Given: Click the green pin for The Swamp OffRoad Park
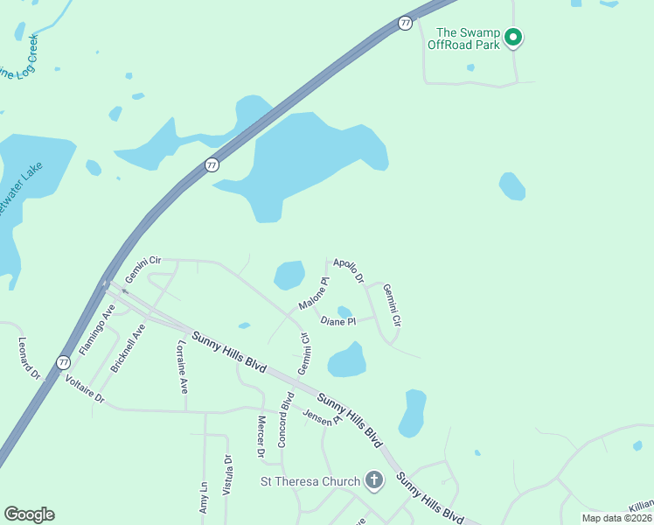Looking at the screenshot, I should tap(514, 38).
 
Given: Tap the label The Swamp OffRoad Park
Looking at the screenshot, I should tap(463, 38).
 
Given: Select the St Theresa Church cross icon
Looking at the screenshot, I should tap(374, 480).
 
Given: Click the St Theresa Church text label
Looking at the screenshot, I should tap(310, 481).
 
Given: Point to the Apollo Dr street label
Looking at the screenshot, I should tap(347, 269).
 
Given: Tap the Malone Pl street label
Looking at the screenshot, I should tap(314, 293).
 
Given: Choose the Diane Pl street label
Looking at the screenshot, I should tap(338, 322).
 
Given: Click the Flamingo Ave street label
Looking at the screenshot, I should tap(96, 328).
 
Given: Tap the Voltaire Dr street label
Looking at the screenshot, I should tap(85, 389).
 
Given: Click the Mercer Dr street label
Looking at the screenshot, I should tap(261, 437).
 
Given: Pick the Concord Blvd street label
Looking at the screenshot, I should tap(285, 420).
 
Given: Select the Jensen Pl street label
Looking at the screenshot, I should tap(318, 417).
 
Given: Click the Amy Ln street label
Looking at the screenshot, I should tap(203, 498).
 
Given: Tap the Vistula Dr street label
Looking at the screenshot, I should tap(228, 476).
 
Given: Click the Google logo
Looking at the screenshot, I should tap(30, 514).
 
